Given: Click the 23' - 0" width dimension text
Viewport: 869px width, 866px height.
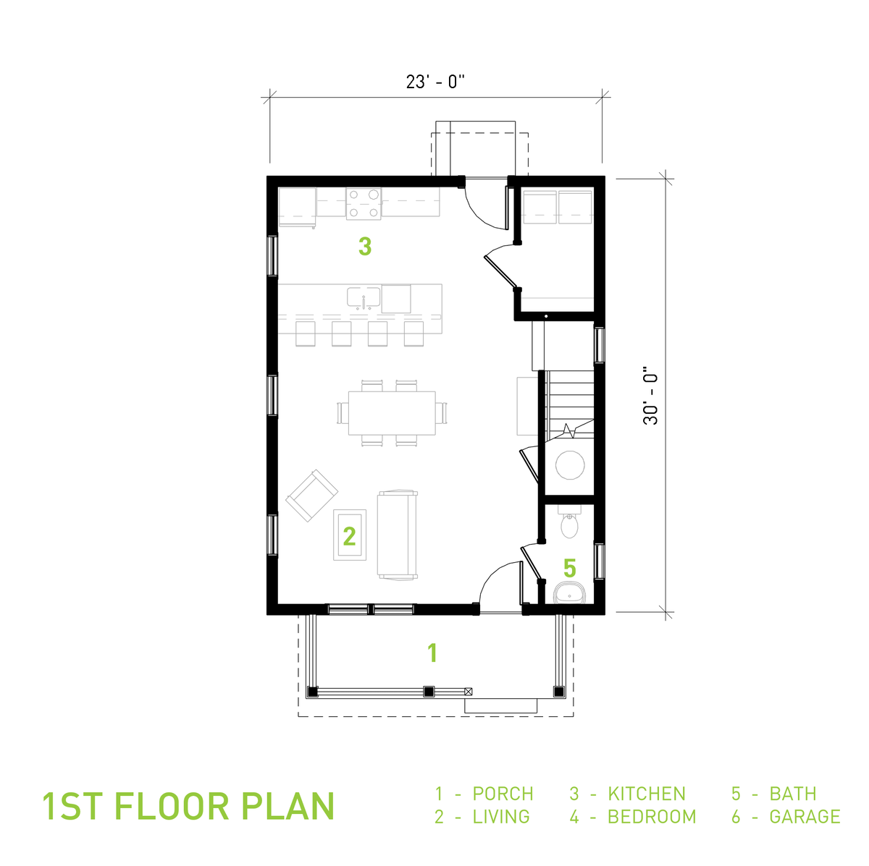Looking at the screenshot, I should pos(434,82).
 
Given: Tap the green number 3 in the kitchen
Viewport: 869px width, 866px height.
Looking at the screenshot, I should pos(365,247).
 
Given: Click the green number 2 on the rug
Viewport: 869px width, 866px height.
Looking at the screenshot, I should pos(350,536).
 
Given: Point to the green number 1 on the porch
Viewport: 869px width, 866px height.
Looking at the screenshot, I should pos(432,653).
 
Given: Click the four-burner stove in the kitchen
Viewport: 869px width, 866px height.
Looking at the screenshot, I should pos(364,203).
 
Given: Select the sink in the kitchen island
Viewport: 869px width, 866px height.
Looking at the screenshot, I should pos(364,297).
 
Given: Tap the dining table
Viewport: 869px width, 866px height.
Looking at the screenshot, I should pos(392,413).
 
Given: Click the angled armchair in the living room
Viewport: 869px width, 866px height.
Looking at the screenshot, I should pos(312,496).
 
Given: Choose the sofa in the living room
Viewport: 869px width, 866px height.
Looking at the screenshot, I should pos(398,535).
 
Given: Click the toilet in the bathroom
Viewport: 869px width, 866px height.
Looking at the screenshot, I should pos(570,524).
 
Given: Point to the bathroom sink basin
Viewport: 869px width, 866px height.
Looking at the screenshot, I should pos(571,593).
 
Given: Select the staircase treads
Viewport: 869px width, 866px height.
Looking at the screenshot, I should pos(570,402).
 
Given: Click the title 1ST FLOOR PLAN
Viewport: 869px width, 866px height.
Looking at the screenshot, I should pos(188,806).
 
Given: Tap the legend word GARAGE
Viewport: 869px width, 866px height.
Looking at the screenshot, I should pos(805,817).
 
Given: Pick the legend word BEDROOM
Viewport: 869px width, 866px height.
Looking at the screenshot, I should pos(652,817).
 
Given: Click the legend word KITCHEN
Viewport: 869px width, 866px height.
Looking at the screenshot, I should pos(647,794).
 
